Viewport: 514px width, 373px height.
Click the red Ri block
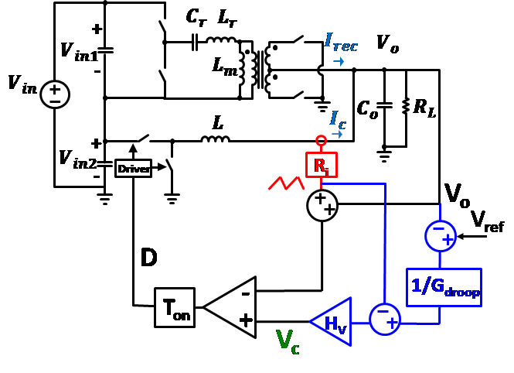[322, 165]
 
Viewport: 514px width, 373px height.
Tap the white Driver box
[133, 169]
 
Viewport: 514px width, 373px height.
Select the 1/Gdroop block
[444, 287]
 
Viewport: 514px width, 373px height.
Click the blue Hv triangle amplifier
[333, 321]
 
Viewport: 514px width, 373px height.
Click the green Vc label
[288, 341]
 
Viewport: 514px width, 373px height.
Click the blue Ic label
[338, 119]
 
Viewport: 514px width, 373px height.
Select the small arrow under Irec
[339, 61]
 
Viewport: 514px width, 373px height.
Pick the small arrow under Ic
[337, 134]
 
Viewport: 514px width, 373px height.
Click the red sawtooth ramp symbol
[286, 183]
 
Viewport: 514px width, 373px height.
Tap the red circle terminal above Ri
[321, 141]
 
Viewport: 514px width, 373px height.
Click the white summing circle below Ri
[322, 206]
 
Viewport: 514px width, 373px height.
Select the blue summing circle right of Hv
[385, 319]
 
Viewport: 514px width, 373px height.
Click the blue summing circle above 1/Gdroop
[441, 235]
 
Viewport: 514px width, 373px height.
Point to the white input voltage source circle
[55, 94]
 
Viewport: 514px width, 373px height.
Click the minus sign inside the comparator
[245, 293]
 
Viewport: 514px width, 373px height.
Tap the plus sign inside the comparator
[245, 320]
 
